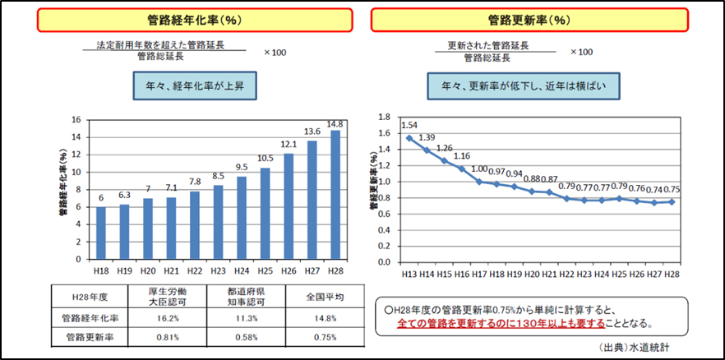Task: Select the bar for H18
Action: click(100, 233)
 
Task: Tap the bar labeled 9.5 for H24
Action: click(241, 218)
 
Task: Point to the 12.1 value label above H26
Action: click(288, 145)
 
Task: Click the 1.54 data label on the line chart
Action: click(409, 125)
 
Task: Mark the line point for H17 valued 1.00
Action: click(479, 181)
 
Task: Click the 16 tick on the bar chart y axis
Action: click(76, 120)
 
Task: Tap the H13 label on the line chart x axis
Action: click(409, 274)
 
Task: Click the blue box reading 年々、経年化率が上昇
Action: click(192, 85)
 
